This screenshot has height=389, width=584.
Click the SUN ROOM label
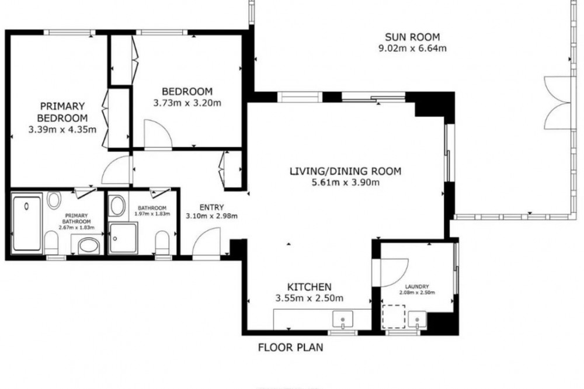[412, 37]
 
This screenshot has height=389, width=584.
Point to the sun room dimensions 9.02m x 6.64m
[412, 48]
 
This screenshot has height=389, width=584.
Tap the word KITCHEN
[309, 287]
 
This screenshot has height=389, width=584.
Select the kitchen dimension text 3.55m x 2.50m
[309, 298]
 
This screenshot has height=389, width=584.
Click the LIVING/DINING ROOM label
[346, 171]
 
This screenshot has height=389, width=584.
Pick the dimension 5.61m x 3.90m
[346, 183]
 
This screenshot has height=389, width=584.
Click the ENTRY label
[211, 207]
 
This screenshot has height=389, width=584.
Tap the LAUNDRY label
[417, 287]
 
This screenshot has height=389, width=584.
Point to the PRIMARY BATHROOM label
[77, 218]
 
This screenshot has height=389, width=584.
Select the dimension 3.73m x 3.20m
[187, 103]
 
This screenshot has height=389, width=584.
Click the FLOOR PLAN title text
[290, 348]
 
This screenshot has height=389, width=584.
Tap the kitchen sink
[343, 319]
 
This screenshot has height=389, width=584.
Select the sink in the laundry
[417, 319]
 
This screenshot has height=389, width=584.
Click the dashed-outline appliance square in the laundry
[394, 317]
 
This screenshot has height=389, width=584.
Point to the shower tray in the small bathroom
[123, 238]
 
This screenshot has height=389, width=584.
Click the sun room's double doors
[557, 103]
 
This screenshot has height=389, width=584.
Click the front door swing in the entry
[206, 242]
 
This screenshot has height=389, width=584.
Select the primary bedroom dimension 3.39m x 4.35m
[62, 130]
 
